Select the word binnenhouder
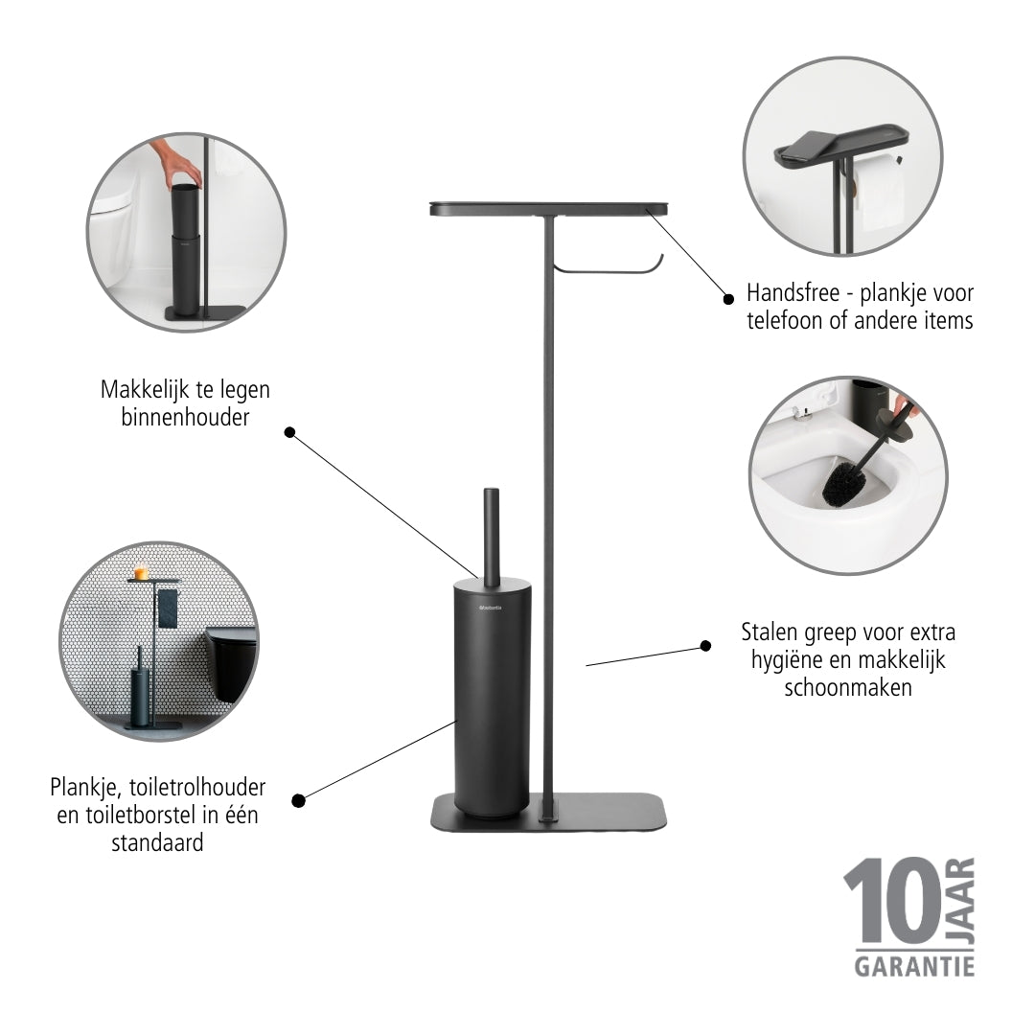coord(186,417)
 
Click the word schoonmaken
coord(848,688)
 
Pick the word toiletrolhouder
coord(197,787)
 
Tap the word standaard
coord(157,843)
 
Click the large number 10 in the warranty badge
coord(892,901)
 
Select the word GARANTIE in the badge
coord(914,967)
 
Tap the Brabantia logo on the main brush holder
coord(491,608)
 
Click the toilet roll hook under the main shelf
coord(609,264)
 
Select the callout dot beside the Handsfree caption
coord(728,299)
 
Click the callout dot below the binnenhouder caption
coord(289,432)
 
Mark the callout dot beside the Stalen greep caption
coord(705,646)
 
